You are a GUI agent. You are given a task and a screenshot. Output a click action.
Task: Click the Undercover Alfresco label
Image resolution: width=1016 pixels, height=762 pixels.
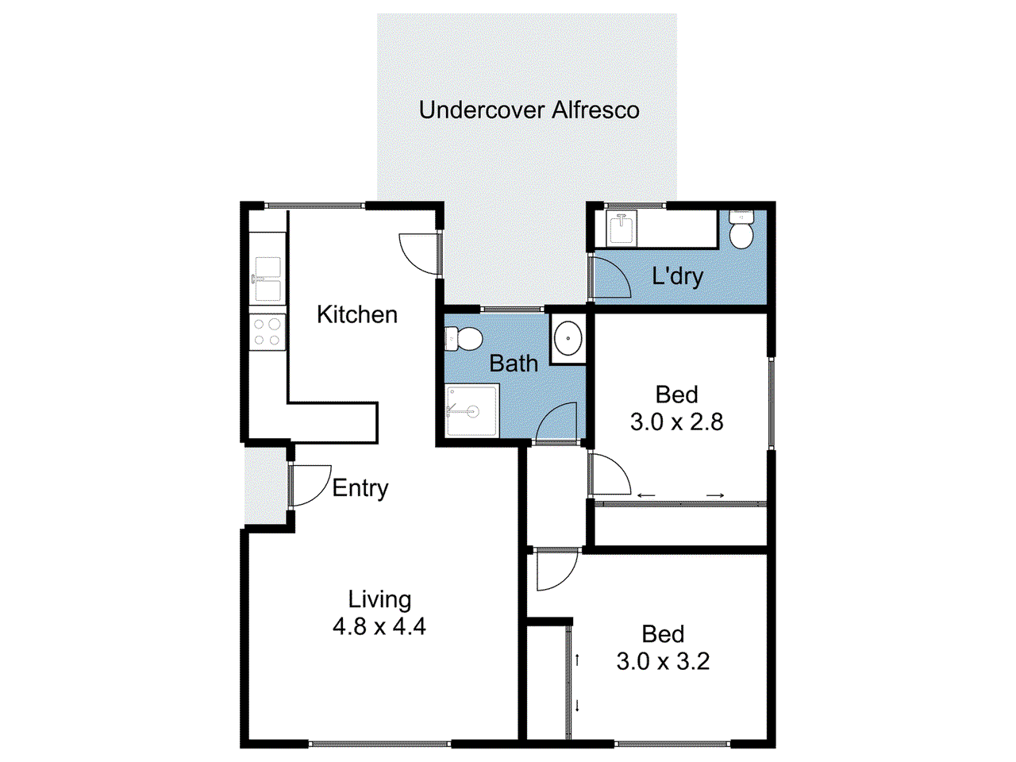coord(529,110)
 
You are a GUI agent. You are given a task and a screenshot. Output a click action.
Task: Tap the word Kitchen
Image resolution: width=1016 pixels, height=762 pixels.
coord(356,314)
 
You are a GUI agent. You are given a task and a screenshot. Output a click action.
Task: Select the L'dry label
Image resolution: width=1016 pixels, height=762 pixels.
coord(677,276)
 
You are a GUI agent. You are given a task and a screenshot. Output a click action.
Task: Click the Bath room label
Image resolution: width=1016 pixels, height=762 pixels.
coord(514,364)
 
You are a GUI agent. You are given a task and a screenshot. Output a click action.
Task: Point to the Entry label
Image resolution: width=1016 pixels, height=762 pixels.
coord(360,488)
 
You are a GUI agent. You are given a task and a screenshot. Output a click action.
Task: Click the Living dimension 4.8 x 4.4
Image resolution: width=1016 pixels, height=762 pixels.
coord(379,626)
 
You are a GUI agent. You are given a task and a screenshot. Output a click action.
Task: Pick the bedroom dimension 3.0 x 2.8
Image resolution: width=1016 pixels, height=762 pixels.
coord(676,421)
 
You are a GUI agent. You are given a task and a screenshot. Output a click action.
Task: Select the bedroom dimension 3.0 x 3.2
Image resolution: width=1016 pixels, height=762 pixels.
coord(663,661)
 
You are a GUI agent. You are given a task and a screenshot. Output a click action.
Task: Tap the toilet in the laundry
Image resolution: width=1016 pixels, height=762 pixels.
coord(741,230)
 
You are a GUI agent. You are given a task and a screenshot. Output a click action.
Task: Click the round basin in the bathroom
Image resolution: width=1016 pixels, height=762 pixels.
coord(568,339)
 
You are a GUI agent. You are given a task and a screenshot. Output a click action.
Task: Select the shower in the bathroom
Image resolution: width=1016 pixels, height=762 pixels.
coord(471,410)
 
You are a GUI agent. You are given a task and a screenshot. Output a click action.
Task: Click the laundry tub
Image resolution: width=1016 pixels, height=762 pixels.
coord(621,229)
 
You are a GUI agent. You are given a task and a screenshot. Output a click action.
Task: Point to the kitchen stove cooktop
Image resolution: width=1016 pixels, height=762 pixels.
coord(267,333)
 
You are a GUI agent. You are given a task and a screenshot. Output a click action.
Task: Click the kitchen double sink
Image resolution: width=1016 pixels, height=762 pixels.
coord(267,279)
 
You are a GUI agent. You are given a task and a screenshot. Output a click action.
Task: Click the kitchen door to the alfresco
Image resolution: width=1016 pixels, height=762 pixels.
coord(418,252)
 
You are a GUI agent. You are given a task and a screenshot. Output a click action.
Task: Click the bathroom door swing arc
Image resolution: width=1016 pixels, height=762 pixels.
coord(556,422)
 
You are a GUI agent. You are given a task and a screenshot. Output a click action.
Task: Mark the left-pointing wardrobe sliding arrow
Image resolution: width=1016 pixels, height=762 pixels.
coord(646,496)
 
